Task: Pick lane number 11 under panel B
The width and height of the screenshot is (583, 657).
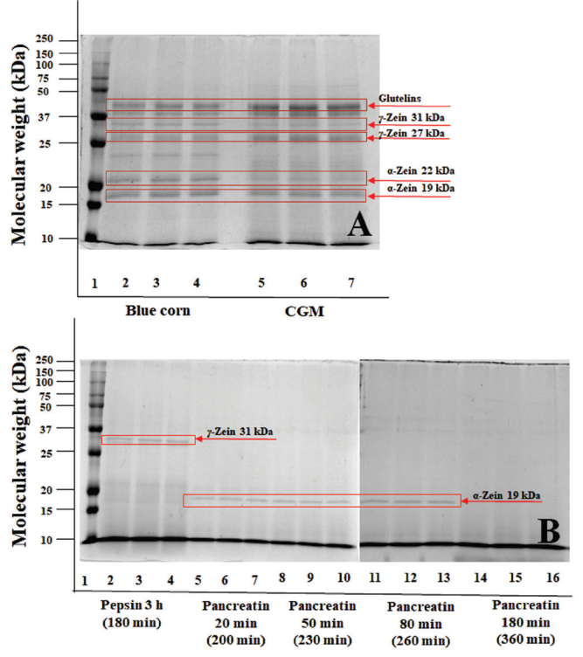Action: click(372, 580)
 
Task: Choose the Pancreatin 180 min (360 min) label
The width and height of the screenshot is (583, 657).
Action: click(522, 614)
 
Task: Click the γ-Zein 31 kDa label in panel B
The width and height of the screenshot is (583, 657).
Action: click(240, 432)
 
